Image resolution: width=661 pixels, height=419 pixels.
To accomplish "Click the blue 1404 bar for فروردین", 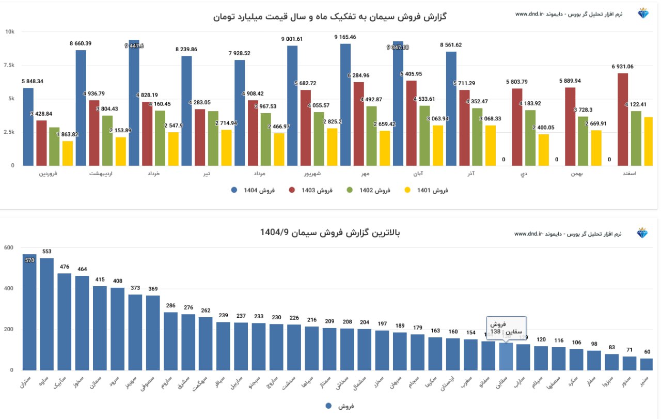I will point(28,127).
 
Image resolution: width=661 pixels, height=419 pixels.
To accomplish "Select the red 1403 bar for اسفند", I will point(623,119).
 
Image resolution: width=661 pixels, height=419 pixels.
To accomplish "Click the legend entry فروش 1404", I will point(253,190).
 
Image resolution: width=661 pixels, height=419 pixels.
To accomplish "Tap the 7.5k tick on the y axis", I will point(10,65).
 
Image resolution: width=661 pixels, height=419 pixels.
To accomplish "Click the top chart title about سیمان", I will point(330,17).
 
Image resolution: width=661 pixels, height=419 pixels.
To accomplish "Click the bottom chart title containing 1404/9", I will point(330,233).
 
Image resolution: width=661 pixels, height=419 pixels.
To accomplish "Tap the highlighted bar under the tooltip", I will point(506,356).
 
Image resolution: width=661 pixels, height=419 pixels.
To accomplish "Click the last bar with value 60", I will point(647,364).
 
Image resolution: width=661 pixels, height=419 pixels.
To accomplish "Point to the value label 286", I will point(170,306).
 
